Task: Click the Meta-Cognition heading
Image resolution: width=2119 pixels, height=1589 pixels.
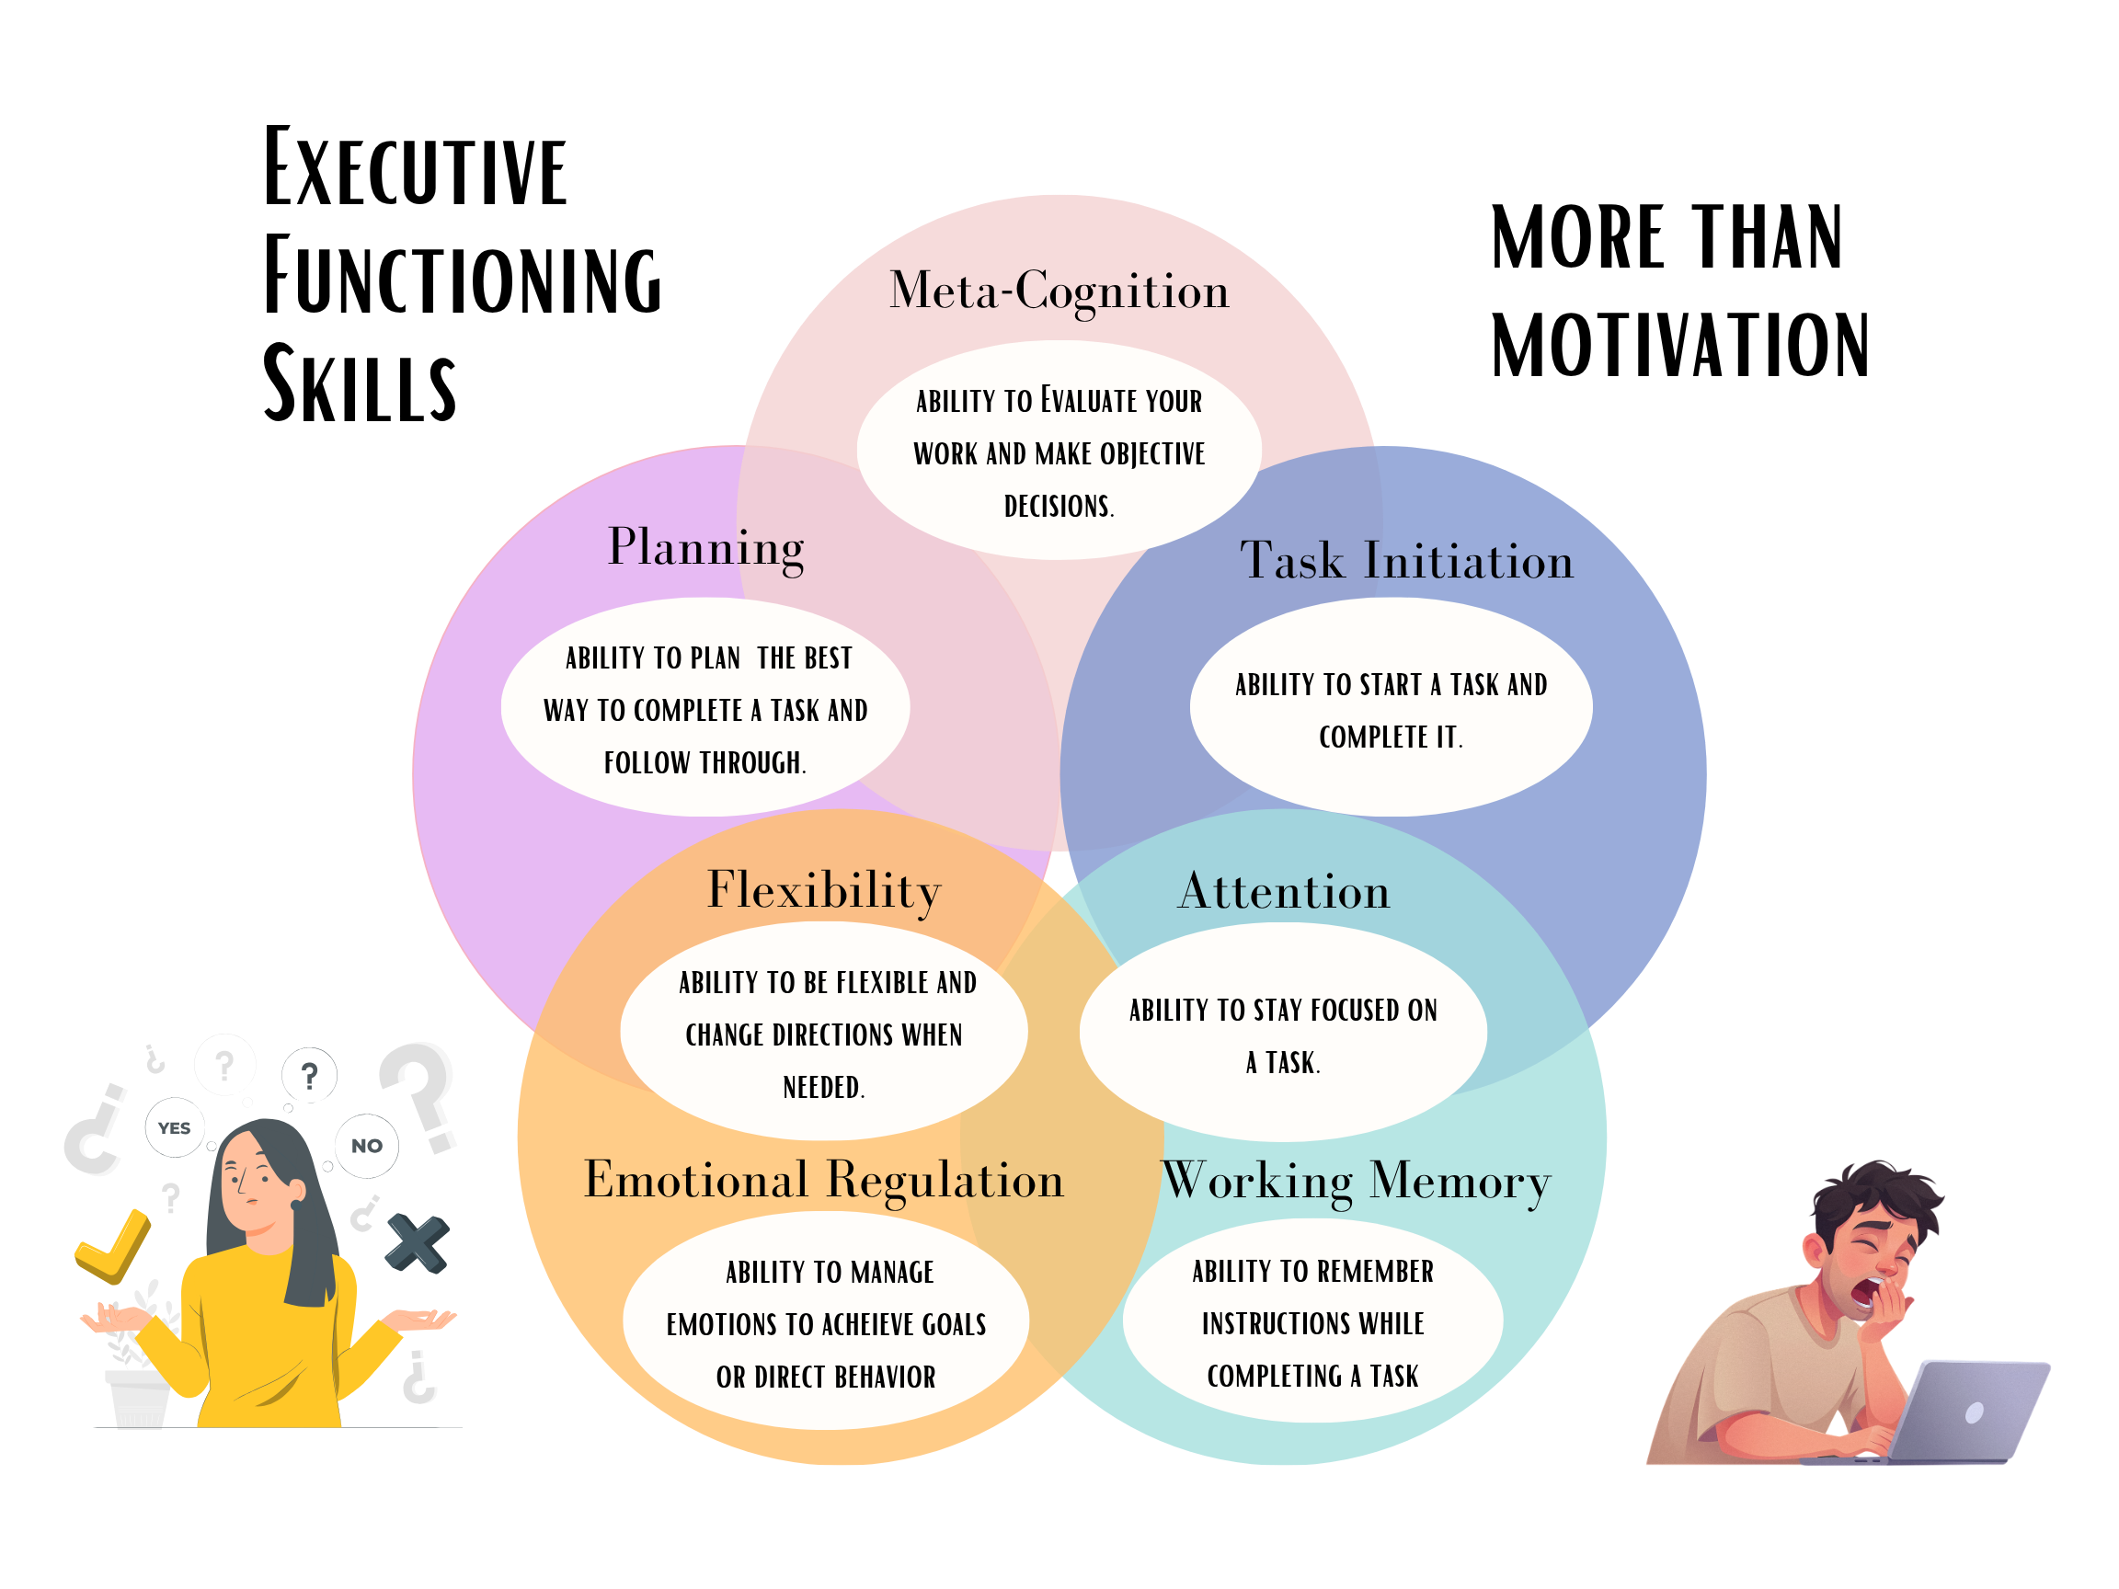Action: click(x=1059, y=292)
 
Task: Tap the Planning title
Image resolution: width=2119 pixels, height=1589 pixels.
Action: click(x=706, y=548)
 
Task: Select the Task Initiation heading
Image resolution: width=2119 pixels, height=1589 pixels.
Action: click(x=1406, y=561)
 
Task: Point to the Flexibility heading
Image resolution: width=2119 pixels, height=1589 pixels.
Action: click(x=824, y=891)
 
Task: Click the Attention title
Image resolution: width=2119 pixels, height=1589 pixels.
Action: click(x=1284, y=892)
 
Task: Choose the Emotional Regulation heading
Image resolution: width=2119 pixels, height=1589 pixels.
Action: click(x=824, y=1180)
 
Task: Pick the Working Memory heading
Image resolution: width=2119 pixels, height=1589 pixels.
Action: click(x=1356, y=1181)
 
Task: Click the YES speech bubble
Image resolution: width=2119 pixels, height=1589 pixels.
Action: click(x=175, y=1128)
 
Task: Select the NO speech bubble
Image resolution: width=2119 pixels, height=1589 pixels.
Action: click(x=367, y=1146)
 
